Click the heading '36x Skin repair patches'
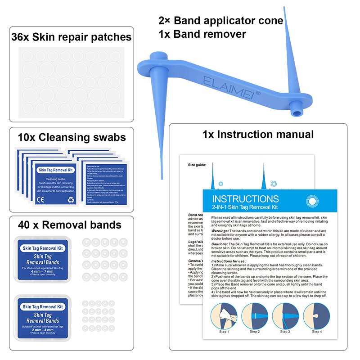tap(72, 36)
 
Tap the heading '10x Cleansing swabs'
tap(72, 137)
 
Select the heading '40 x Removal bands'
tap(69, 225)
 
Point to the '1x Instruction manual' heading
tap(258, 134)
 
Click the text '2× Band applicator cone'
tap(220, 21)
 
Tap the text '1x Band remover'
tap(202, 34)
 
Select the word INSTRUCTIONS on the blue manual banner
tap(245, 199)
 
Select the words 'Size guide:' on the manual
tap(197, 165)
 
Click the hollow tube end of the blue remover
tap(297, 109)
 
